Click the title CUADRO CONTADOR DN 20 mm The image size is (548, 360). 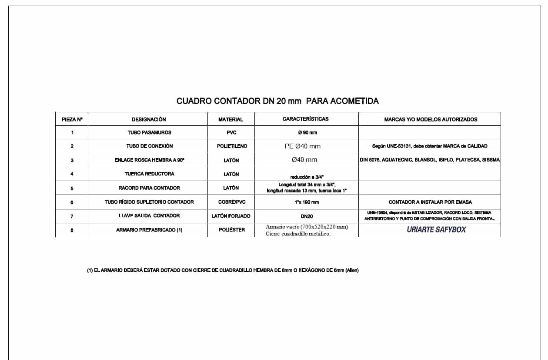click(x=277, y=101)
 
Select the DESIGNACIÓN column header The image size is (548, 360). click(x=149, y=119)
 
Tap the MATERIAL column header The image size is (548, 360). click(x=231, y=119)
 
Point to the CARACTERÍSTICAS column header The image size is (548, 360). click(x=305, y=119)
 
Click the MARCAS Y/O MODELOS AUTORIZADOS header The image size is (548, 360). click(x=431, y=119)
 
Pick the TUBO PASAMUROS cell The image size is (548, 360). click(x=149, y=132)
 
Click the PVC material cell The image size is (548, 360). click(x=231, y=132)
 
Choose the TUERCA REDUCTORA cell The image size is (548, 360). click(x=149, y=174)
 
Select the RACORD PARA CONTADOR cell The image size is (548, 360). click(x=149, y=188)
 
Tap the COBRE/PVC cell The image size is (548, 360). click(x=231, y=202)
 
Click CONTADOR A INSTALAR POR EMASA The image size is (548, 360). click(x=430, y=202)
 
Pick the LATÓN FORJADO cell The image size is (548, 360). click(x=231, y=216)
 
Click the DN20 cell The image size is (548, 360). click(x=306, y=216)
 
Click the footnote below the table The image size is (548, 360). click(x=223, y=270)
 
